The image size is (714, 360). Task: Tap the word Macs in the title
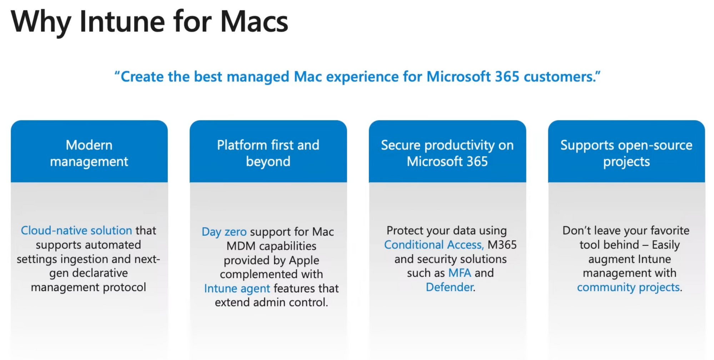pos(254,22)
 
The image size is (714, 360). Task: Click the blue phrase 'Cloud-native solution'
pos(76,230)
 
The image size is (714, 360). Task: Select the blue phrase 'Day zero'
pos(224,232)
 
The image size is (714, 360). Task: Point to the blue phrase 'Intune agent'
pos(237,289)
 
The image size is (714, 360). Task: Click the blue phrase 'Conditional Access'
pos(433,245)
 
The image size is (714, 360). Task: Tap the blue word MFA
pos(460,273)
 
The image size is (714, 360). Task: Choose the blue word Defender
pos(449,287)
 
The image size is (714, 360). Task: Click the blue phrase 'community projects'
pos(628,287)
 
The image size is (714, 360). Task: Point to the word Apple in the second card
pos(304,260)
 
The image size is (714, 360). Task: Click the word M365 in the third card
pos(502,245)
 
